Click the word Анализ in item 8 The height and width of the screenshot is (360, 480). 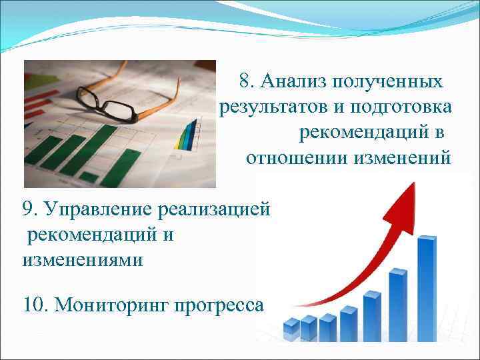293,81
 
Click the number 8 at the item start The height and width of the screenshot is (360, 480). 245,81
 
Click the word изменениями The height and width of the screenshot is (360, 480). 83,259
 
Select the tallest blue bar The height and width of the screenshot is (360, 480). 426,283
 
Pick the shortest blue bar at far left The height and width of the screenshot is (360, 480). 291,327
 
